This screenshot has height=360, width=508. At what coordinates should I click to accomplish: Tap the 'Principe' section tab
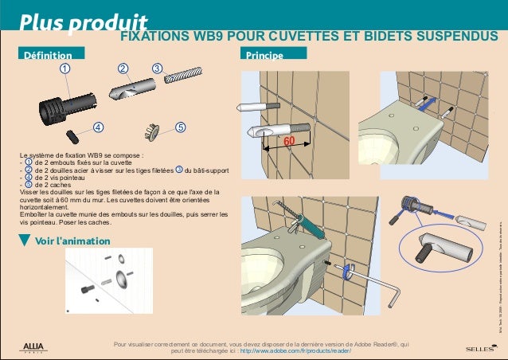click(x=266, y=56)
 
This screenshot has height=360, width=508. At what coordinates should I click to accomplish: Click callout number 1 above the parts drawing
click(x=63, y=69)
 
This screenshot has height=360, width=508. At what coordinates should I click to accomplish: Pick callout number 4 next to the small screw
click(x=97, y=127)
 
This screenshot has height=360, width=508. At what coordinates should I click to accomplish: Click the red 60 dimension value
click(x=289, y=141)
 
